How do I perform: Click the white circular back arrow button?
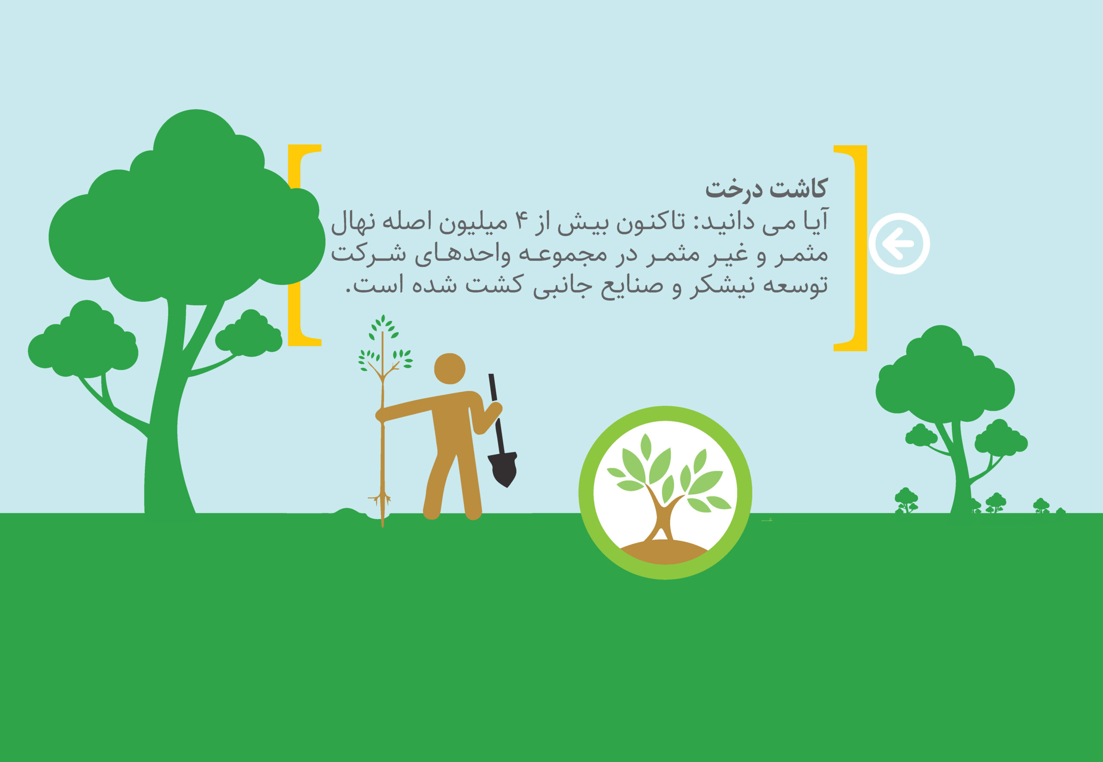pyautogui.click(x=899, y=244)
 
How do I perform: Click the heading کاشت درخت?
pyautogui.click(x=766, y=189)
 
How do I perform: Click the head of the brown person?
pyautogui.click(x=449, y=369)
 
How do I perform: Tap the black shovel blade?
pyautogui.click(x=502, y=469)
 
